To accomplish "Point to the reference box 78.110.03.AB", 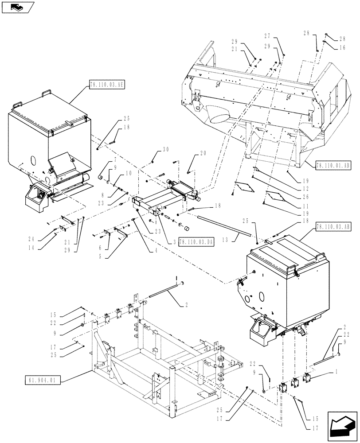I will (x=333, y=226).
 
